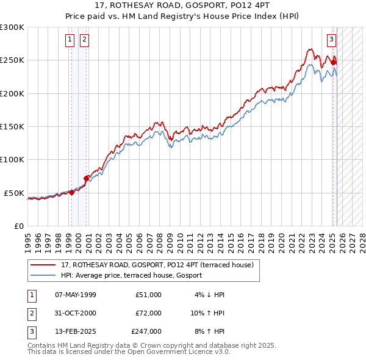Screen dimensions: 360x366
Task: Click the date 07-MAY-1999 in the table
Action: [75, 295]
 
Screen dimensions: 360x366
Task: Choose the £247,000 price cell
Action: [146, 331]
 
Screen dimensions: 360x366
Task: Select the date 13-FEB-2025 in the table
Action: [75, 331]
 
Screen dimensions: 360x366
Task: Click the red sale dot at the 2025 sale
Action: [333, 62]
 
